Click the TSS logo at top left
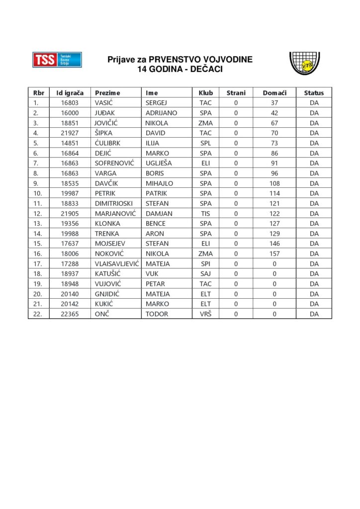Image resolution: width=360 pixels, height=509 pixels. (57, 60)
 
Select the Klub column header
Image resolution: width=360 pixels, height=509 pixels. (206, 92)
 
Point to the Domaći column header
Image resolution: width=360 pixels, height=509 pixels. (274, 92)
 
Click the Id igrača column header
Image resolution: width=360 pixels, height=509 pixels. (70, 92)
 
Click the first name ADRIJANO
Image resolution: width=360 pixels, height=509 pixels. (161, 113)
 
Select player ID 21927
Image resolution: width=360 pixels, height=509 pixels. (70, 133)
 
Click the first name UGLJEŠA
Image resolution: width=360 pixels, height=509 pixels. (158, 163)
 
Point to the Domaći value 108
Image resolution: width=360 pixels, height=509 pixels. (274, 183)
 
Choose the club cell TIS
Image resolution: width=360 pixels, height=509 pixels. (206, 213)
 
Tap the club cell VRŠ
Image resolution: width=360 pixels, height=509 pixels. (206, 314)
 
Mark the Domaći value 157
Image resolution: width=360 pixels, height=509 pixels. (274, 254)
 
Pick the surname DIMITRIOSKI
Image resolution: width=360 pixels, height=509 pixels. (115, 203)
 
